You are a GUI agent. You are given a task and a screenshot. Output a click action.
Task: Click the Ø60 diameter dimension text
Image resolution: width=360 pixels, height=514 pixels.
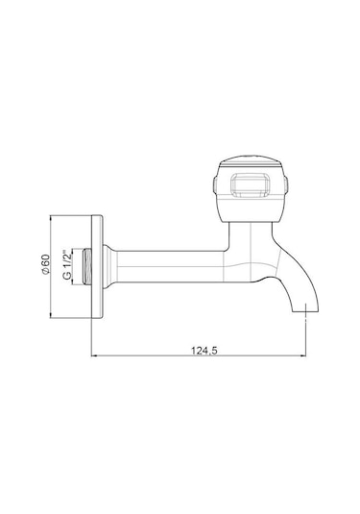tap(46, 263)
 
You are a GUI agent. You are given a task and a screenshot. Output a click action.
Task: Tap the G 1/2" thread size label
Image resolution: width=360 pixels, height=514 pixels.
tap(66, 264)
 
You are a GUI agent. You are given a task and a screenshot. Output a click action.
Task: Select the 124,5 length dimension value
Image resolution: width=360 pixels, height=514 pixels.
tap(204, 351)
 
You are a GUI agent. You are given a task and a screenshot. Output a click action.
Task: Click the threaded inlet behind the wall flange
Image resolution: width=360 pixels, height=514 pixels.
tap(87, 266)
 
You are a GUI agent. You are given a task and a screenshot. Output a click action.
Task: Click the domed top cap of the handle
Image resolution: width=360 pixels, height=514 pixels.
tap(251, 159)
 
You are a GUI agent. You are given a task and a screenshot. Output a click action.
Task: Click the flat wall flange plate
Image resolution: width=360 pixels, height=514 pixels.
tap(97, 266)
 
